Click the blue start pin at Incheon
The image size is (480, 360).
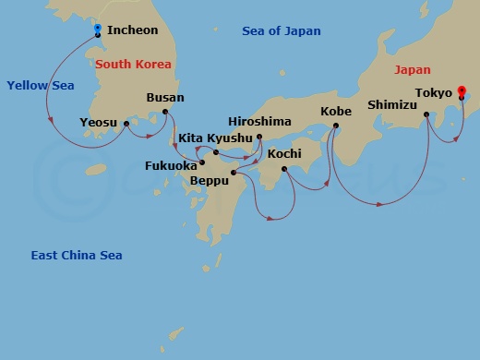coord(97,30)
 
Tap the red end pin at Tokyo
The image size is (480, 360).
coord(462,91)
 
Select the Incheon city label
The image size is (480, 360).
coord(133,30)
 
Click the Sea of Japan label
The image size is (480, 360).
coord(282,31)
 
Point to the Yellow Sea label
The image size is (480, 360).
coord(40,85)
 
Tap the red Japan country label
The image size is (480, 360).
coord(412,69)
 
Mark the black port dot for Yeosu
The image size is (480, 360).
coord(126,123)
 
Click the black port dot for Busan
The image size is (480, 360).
coord(166,113)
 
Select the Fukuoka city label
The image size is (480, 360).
coord(171,166)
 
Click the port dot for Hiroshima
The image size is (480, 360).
coord(259,138)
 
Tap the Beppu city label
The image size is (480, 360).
coord(209,180)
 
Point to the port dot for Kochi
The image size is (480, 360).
coord(284,169)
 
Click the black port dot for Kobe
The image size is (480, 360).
coord(336,126)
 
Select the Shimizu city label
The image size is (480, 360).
coord(393,104)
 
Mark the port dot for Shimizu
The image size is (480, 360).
coord(426,116)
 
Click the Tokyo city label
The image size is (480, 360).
coord(434,93)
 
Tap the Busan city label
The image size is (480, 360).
coord(165,97)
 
